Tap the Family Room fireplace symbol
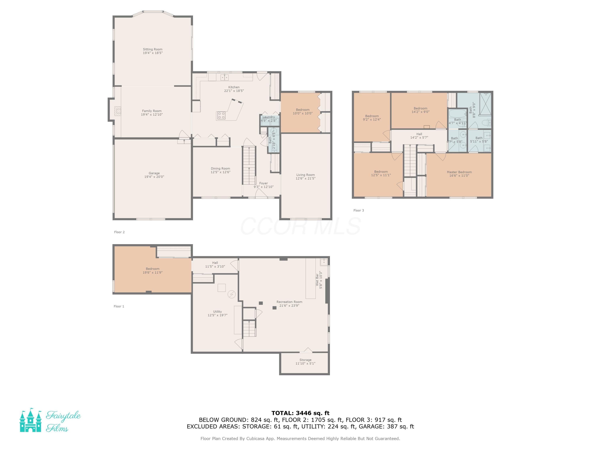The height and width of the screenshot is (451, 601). (x=118, y=111)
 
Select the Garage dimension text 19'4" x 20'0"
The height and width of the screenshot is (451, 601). (x=154, y=177)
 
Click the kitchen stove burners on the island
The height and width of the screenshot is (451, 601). (x=221, y=115)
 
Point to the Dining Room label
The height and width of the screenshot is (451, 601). (x=220, y=169)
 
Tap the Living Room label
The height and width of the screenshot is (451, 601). (x=305, y=175)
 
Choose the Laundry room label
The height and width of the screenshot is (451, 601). (x=268, y=117)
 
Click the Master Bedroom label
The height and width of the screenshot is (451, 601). (x=459, y=172)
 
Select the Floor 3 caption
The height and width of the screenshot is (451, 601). (x=359, y=210)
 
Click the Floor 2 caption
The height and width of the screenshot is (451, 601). (x=119, y=232)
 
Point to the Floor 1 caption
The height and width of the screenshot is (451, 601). (x=119, y=306)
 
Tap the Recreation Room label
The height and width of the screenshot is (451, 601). (x=289, y=302)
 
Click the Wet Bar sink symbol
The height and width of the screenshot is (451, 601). (x=324, y=262)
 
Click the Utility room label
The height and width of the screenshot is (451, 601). (x=217, y=311)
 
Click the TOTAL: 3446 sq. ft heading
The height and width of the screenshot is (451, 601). (x=300, y=413)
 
